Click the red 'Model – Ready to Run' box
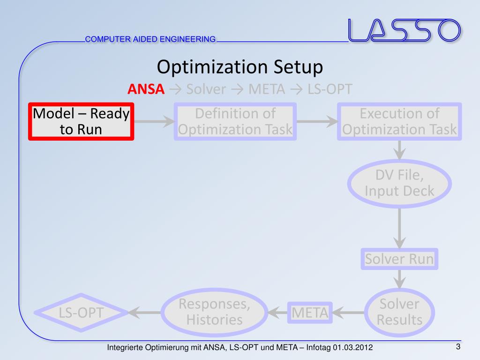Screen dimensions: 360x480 tap(81, 121)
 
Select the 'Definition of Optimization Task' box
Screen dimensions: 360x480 tap(235, 121)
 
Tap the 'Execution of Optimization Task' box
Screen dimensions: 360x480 tap(399, 121)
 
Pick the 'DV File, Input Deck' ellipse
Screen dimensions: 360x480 tap(399, 184)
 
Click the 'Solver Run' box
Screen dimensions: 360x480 tap(399, 259)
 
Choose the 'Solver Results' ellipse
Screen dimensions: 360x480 tap(399, 312)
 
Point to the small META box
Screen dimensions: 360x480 tap(310, 312)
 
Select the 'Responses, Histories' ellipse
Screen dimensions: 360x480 tap(214, 312)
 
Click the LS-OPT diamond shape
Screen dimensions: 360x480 tap(81, 312)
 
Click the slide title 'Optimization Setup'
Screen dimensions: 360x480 tap(240, 67)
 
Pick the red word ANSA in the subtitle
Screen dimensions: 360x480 tap(146, 89)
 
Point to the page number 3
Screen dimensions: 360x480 tap(458, 347)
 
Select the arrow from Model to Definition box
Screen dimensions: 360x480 tap(154, 121)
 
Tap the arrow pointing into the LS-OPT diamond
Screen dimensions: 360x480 tap(145, 312)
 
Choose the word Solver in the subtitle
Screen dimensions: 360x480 tap(206, 89)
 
